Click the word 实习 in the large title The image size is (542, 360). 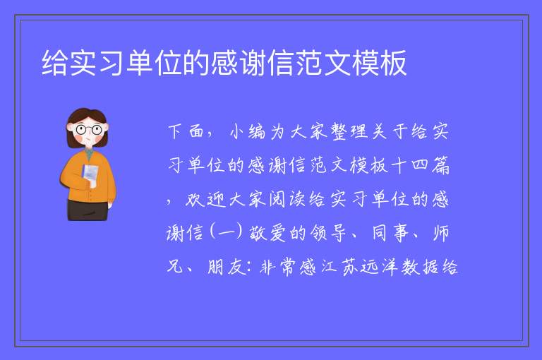click(x=84, y=63)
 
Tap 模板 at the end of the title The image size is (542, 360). click(x=379, y=63)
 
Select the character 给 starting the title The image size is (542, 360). click(x=55, y=63)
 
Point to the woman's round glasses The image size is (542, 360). click(x=89, y=130)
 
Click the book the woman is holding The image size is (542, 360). click(x=90, y=175)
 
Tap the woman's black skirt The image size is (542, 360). click(x=88, y=210)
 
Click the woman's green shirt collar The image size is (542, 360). click(x=90, y=152)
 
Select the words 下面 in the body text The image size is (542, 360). click(x=186, y=132)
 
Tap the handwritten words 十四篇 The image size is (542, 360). click(x=421, y=165)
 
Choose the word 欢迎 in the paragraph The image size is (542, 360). click(x=206, y=200)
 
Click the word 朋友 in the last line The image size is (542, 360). click(x=227, y=267)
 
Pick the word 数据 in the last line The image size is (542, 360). click(x=420, y=267)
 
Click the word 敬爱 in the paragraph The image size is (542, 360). click(x=267, y=233)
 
